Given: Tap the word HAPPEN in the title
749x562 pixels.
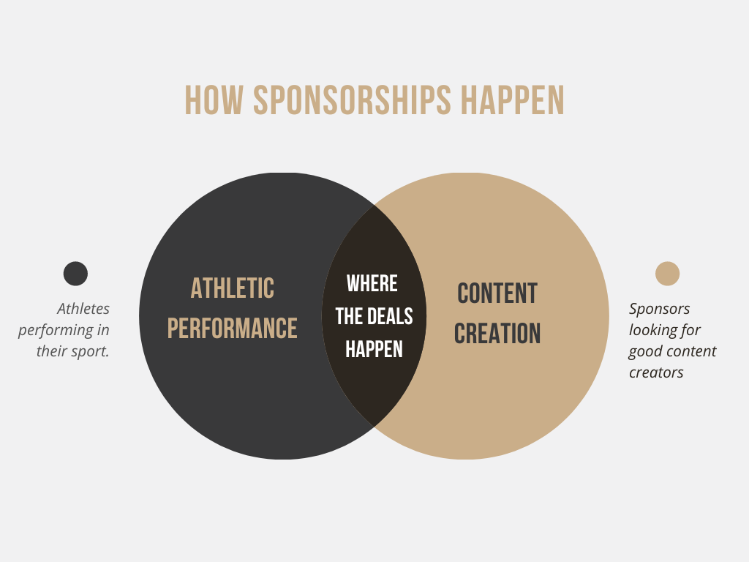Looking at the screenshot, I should coord(513,100).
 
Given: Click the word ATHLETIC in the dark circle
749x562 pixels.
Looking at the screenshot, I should coord(233,288).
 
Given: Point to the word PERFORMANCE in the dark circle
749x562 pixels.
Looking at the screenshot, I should coord(233,328).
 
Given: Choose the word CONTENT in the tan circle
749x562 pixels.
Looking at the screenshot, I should coord(497,293).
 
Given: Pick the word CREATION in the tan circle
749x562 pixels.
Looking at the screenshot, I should coord(497,334).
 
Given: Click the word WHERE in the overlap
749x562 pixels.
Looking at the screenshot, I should coord(372,283).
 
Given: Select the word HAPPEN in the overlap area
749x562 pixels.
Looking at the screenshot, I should coord(374,349).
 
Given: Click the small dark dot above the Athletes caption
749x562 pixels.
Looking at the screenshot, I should coord(75,274).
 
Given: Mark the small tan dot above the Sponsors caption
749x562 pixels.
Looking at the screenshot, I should coord(667,274).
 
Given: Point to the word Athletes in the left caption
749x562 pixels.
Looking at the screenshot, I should coord(83,309).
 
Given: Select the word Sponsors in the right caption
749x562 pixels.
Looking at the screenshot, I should coord(660,309).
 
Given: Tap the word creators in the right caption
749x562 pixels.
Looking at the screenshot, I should coord(656,372).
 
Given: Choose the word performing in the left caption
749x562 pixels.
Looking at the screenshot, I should coord(57,331).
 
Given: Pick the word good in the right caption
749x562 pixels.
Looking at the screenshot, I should coord(646,352).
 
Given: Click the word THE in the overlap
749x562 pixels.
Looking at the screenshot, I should coord(350,316).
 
